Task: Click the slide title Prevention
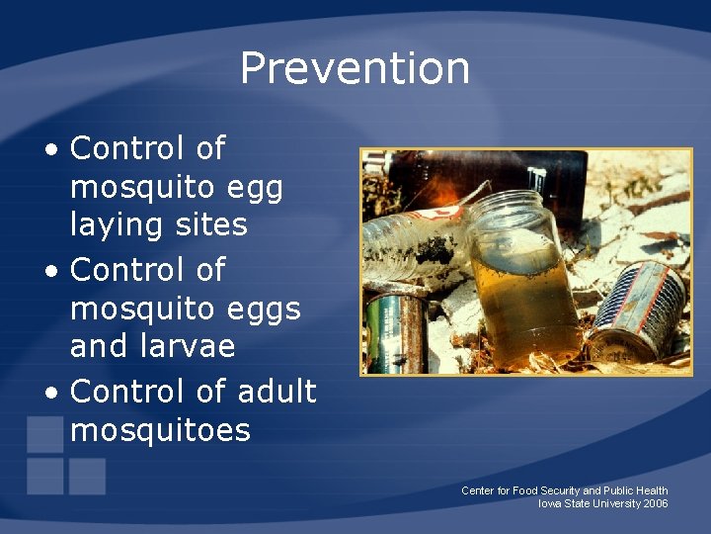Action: click(x=355, y=68)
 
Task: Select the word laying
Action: click(x=118, y=225)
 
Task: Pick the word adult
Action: click(x=276, y=392)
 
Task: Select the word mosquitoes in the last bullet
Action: click(x=161, y=430)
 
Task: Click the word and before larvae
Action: click(x=99, y=346)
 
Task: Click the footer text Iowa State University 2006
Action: click(x=602, y=504)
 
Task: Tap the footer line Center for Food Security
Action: click(x=564, y=490)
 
